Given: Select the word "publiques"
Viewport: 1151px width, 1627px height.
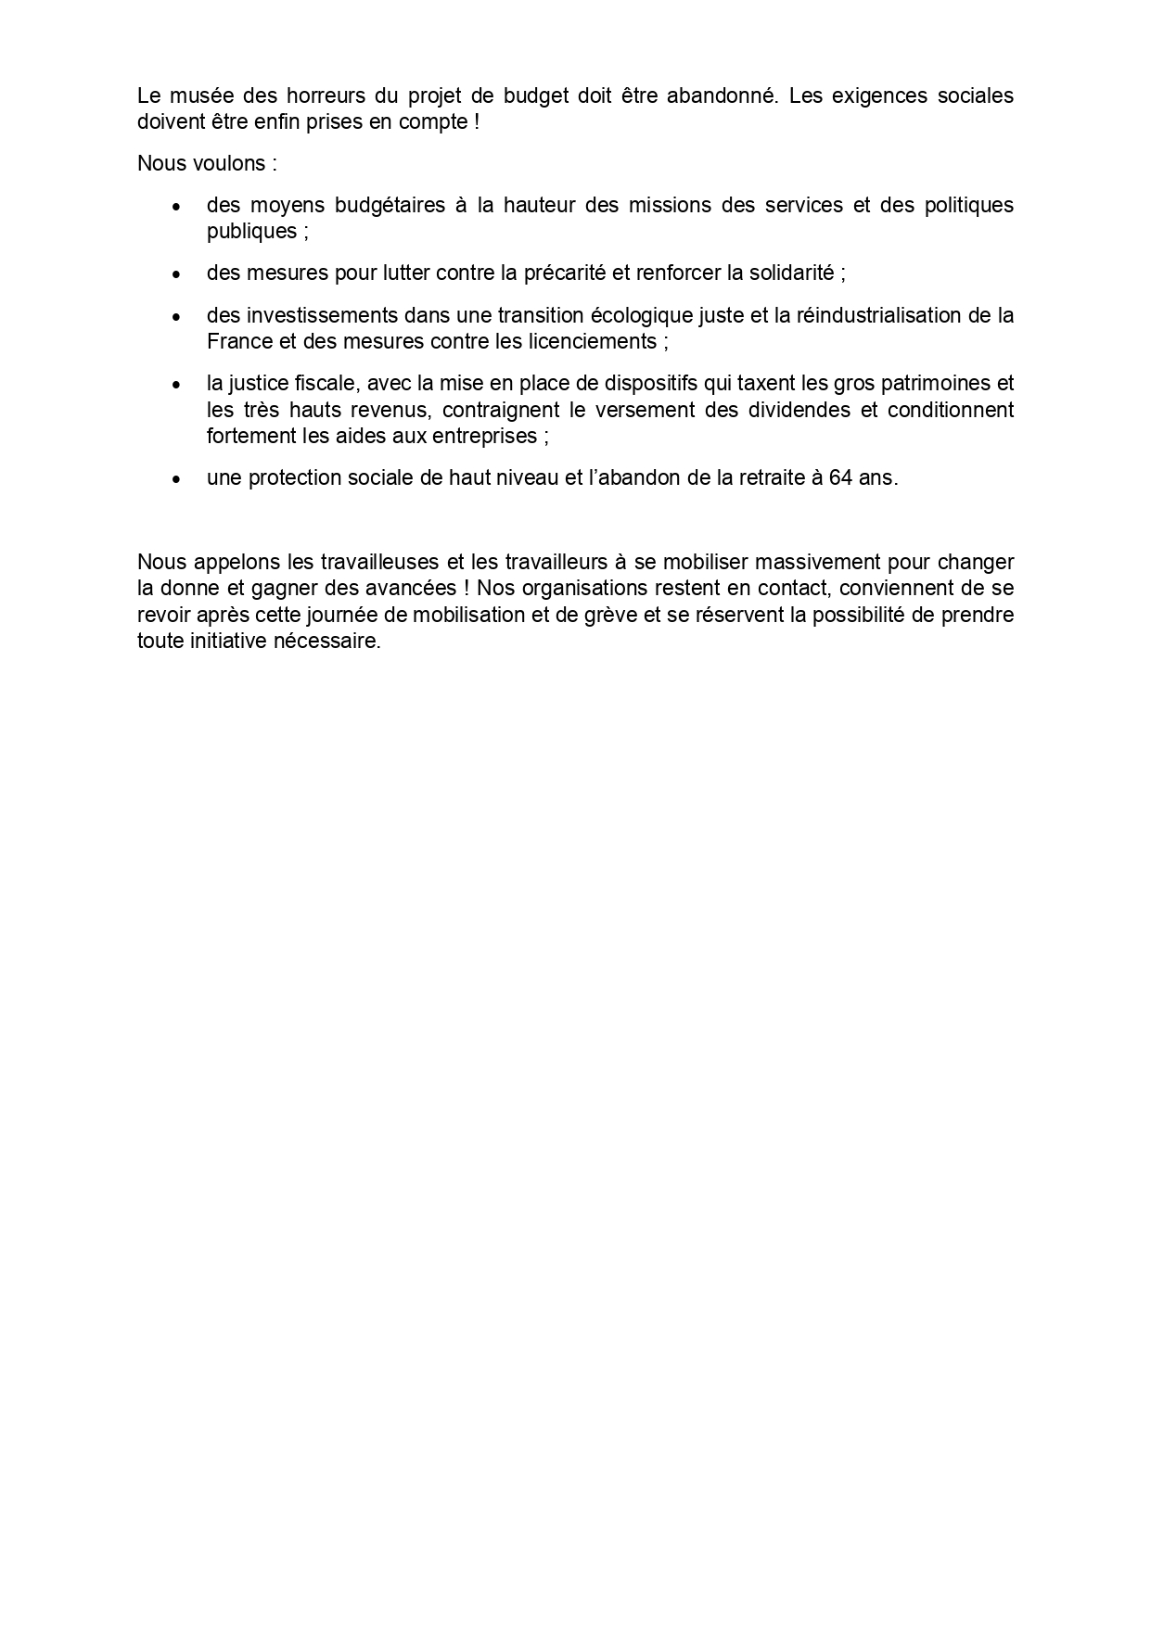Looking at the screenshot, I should pos(252,231).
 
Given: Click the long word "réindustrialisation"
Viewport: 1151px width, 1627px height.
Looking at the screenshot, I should pos(876,315).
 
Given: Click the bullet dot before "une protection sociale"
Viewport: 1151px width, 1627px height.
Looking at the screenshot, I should pos(176,479).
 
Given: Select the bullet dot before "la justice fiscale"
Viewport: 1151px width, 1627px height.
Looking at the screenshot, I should pos(176,384).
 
